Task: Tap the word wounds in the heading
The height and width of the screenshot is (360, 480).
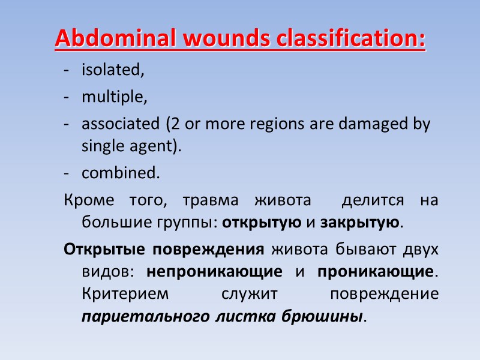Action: pyautogui.click(x=212, y=38)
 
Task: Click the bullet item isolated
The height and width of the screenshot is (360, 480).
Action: pyautogui.click(x=113, y=70)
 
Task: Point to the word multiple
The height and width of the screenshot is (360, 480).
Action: pyautogui.click(x=114, y=97)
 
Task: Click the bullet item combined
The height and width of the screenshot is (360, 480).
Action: pyautogui.click(x=121, y=173)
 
